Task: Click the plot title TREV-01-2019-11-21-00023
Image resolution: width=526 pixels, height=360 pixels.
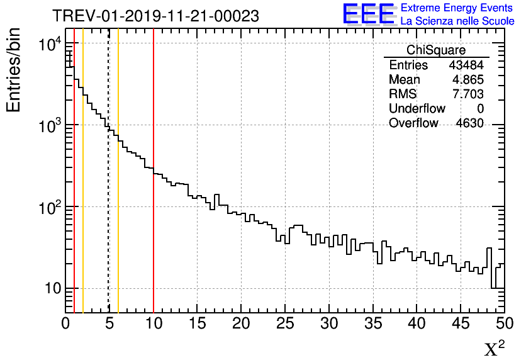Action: (x=155, y=16)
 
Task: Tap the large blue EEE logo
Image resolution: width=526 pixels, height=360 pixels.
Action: (x=368, y=14)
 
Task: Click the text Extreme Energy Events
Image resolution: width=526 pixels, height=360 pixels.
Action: (x=457, y=8)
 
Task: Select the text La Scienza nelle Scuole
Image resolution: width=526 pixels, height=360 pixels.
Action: (x=457, y=21)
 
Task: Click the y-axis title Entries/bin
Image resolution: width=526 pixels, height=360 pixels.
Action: (x=14, y=70)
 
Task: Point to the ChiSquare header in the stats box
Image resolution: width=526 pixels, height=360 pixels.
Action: (x=436, y=50)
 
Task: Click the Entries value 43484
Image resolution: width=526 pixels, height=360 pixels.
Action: (x=466, y=65)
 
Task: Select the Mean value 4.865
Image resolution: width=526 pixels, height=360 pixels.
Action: (x=467, y=80)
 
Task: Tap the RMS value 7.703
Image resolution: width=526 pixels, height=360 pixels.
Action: (x=467, y=94)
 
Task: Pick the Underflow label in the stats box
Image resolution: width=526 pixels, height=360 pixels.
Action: (x=417, y=109)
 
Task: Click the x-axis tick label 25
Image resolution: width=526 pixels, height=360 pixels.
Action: (x=285, y=323)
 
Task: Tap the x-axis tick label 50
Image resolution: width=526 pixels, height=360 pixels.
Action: (x=505, y=323)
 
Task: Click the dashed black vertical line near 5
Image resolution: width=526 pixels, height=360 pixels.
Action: (x=109, y=189)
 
